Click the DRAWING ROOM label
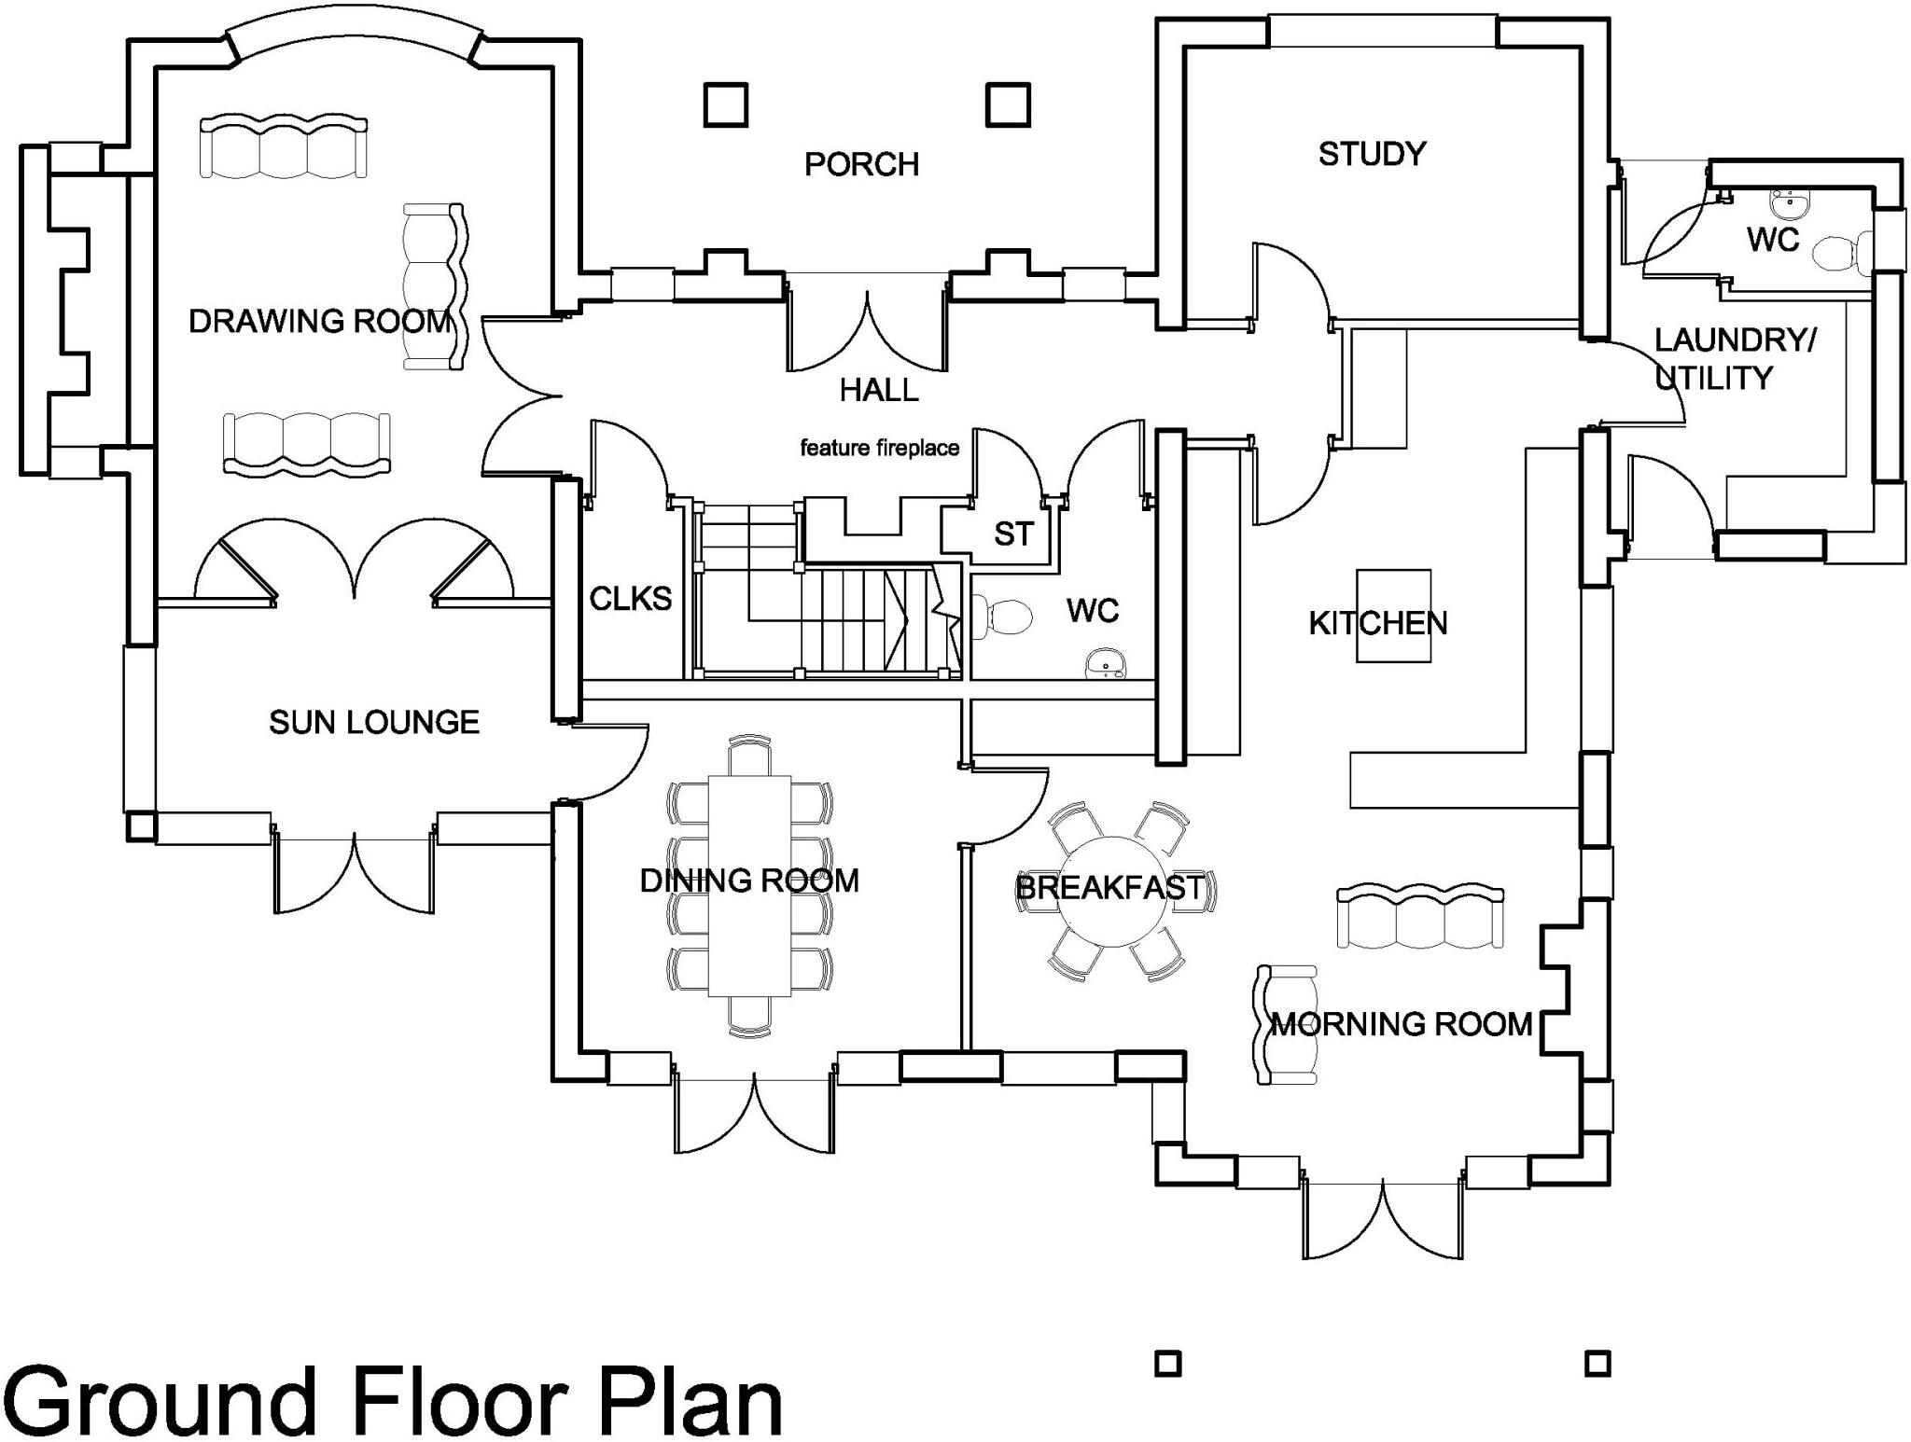point(320,322)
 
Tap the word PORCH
point(861,165)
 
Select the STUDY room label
point(1372,154)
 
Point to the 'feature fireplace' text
point(879,449)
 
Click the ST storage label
point(1013,534)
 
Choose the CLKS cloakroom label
point(630,599)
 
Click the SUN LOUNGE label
point(373,722)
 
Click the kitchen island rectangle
point(1393,617)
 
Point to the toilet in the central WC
point(1004,617)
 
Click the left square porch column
point(725,104)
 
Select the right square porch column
point(1008,104)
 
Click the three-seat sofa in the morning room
point(1419,918)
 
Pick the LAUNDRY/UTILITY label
point(1733,359)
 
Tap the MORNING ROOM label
point(1402,1025)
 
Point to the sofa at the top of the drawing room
point(284,146)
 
